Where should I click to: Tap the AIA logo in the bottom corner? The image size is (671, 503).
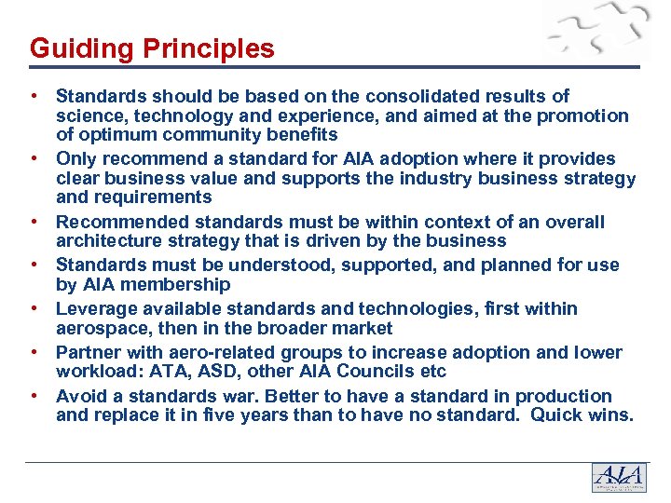(x=618, y=478)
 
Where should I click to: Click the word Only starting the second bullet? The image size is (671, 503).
(x=76, y=158)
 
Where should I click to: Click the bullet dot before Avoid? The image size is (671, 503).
(x=34, y=396)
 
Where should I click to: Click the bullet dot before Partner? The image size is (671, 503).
(x=34, y=352)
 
